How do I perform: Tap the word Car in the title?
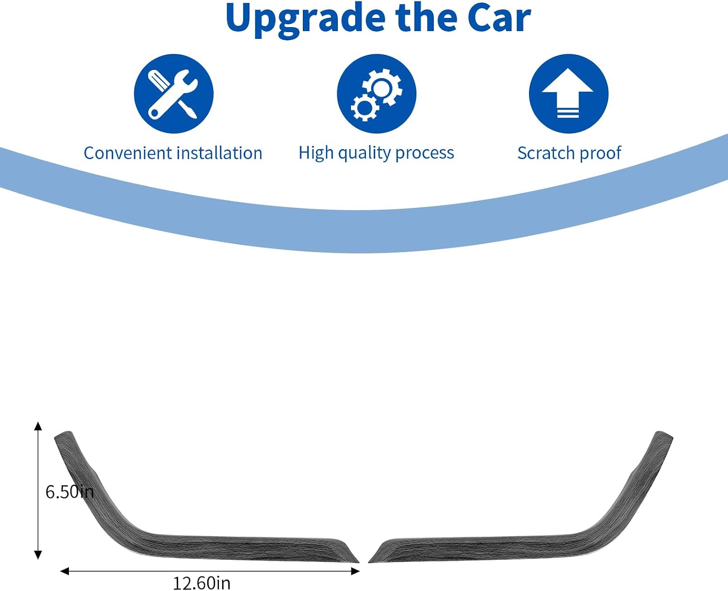coord(498,18)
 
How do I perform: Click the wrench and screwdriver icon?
coord(174,94)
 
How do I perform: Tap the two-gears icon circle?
coord(377,94)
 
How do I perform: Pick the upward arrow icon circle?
coord(569,94)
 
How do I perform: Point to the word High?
coord(316,153)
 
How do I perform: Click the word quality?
coord(364,153)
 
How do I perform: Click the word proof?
coord(600,153)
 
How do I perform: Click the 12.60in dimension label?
coord(201,583)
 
